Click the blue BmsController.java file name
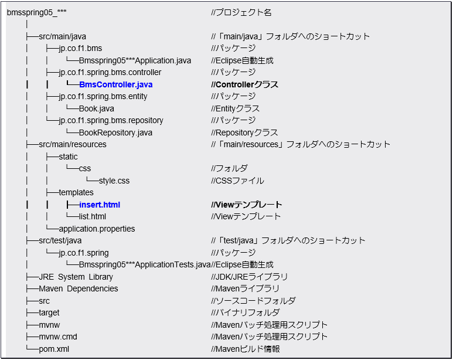point(115,84)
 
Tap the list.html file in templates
point(93,216)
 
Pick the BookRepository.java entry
point(115,133)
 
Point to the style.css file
point(114,181)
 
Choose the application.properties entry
point(97,229)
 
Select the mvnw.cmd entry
point(58,337)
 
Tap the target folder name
point(49,313)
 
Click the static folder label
point(68,157)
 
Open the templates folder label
point(76,192)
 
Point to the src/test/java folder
point(60,240)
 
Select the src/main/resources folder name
point(73,144)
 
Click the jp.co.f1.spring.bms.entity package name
point(103,96)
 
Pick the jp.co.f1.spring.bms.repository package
point(111,120)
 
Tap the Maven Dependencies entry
point(79,288)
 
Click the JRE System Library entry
point(76,277)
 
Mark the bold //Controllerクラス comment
point(244,84)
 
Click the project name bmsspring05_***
point(33,12)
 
